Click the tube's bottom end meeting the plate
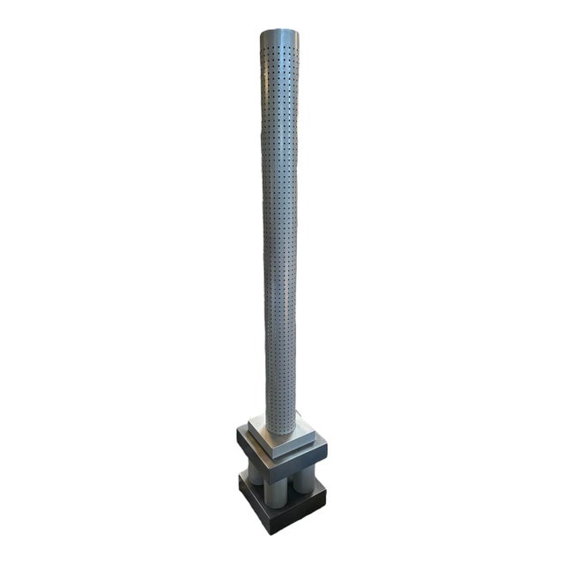tap(281, 431)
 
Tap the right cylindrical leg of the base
tap(305, 480)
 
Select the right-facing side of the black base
tap(305, 516)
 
